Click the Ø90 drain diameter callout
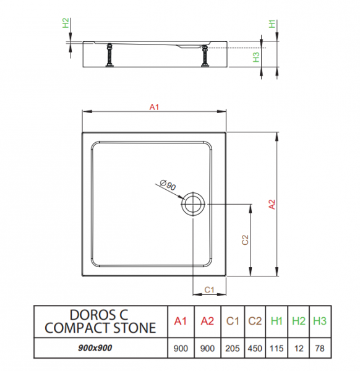pos(168,185)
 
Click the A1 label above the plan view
pos(154,107)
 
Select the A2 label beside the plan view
pos(272,205)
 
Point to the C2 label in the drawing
pos(245,240)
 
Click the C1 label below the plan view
pos(209,289)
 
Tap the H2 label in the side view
pos(66,23)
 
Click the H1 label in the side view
pos(272,24)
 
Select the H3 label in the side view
pos(256,57)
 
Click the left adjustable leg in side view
pos(109,55)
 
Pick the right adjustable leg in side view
pos(205,56)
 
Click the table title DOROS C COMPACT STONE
pos(100,322)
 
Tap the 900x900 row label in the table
pos(95,348)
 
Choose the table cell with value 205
pos(233,348)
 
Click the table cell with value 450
pos(255,348)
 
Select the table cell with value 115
pos(276,348)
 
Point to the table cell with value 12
pos(299,348)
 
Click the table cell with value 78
pos(320,348)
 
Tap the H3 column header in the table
pos(320,321)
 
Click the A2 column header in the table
pos(207,321)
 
